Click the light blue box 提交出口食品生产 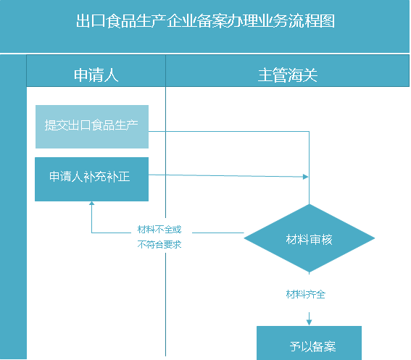click(92, 126)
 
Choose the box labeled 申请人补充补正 click(92, 177)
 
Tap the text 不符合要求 click(159, 244)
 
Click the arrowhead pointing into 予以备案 click(310, 321)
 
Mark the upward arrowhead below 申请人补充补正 click(92, 205)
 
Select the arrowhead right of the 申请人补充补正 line click(306, 177)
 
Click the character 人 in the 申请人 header click(111, 75)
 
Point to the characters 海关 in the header click(303, 75)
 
